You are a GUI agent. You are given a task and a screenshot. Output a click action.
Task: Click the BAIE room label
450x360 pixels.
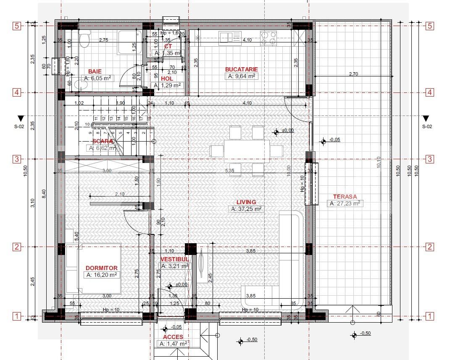click(x=95, y=71)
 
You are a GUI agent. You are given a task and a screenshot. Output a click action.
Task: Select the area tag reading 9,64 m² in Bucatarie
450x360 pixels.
click(x=242, y=76)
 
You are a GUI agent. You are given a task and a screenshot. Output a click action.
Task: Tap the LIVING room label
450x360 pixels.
click(x=246, y=202)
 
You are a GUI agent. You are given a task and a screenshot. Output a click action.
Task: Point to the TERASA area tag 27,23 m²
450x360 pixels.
click(x=345, y=203)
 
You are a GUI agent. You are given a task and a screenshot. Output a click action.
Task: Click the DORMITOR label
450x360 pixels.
click(x=101, y=268)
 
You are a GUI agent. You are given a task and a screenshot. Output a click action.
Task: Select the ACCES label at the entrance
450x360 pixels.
click(x=173, y=337)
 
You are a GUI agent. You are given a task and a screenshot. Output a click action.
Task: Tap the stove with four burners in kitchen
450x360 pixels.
click(x=268, y=38)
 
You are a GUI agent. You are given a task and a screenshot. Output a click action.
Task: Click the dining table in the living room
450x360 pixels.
click(x=247, y=151)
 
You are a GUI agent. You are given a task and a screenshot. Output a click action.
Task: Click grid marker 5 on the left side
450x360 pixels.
click(x=17, y=26)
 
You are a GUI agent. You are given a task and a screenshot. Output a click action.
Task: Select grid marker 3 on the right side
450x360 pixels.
click(x=430, y=159)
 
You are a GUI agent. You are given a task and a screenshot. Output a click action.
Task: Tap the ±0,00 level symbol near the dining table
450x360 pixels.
click(x=276, y=132)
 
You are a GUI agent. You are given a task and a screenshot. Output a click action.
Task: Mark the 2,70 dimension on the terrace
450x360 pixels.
click(x=353, y=74)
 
